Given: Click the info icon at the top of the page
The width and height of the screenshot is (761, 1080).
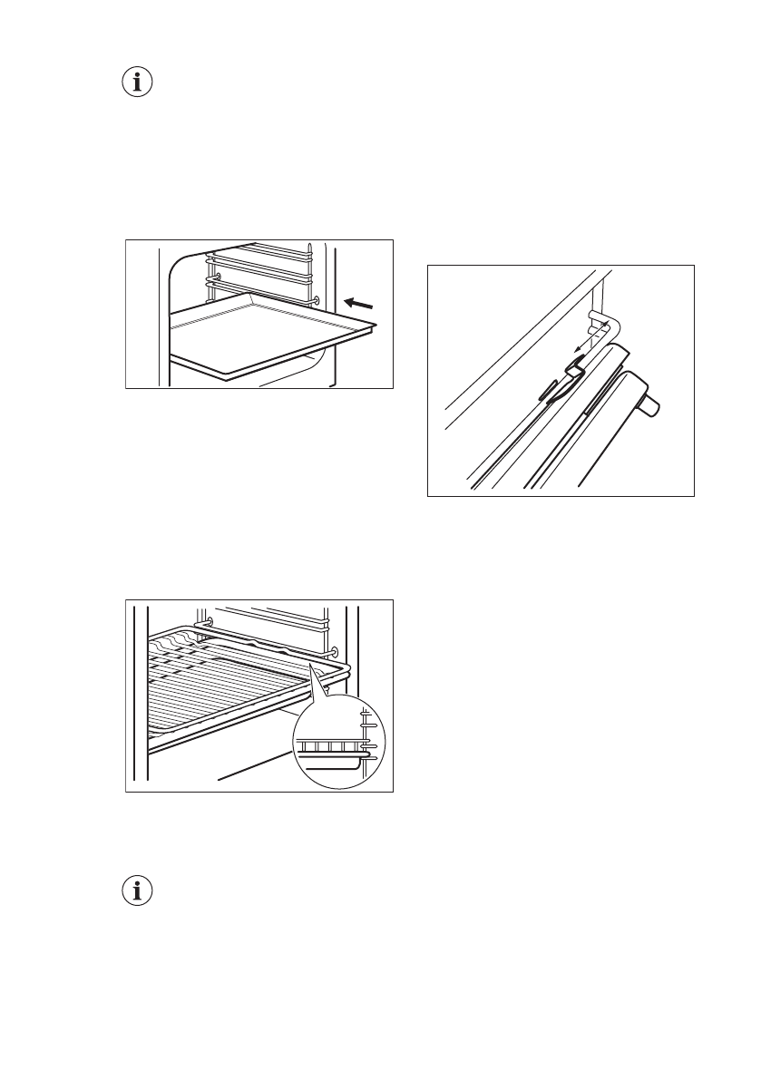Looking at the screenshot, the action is click(137, 83).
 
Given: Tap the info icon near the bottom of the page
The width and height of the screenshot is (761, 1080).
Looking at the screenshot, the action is click(137, 891).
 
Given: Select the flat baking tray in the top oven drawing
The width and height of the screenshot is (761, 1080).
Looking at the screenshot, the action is click(263, 331).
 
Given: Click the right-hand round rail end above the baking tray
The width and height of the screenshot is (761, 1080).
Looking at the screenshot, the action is click(314, 298).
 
